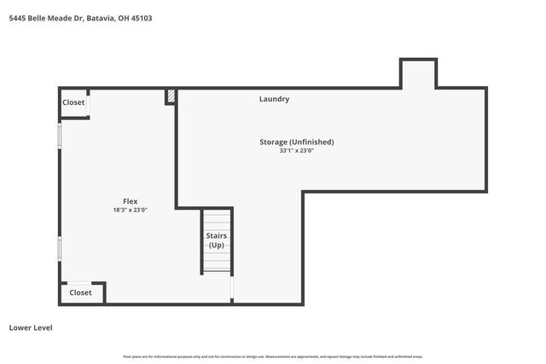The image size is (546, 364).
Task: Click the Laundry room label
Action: [x=274, y=99]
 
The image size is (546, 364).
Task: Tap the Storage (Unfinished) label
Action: [x=297, y=142]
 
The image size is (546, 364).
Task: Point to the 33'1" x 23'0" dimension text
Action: [x=297, y=151]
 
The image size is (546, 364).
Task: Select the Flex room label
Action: [x=131, y=201]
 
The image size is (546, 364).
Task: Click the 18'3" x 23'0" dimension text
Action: [x=131, y=210]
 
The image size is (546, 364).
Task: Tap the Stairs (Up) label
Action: [x=216, y=240]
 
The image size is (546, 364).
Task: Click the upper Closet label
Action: [x=73, y=102]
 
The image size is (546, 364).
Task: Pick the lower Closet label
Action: [x=80, y=292]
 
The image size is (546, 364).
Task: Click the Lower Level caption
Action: [x=31, y=326]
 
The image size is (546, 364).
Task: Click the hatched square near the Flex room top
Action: [x=171, y=96]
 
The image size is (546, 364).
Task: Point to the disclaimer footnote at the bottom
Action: [x=273, y=356]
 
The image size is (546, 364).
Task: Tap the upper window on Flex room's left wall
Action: [x=59, y=136]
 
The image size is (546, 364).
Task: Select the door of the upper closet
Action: [x=89, y=103]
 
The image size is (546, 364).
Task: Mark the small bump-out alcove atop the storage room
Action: [x=419, y=73]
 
